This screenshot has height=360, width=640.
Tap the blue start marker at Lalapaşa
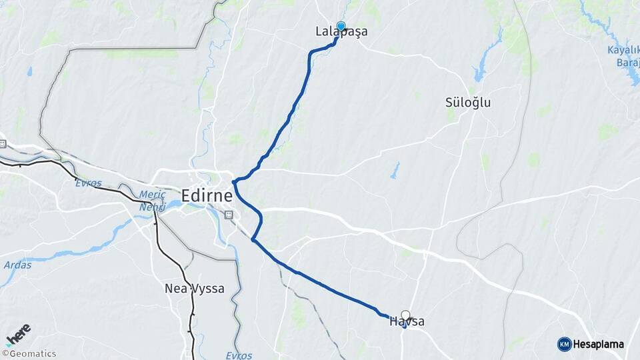(341, 27)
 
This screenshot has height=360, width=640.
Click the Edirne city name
(207, 195)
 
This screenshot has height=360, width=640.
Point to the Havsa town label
(407, 322)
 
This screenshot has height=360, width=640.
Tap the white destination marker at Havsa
(405, 315)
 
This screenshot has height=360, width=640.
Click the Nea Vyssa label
(194, 289)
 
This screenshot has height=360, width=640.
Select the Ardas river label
(17, 265)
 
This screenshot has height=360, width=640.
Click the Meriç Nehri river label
(152, 201)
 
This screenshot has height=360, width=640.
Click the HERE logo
(18, 334)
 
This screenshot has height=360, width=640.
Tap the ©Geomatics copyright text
(29, 354)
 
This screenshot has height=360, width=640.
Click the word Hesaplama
(599, 345)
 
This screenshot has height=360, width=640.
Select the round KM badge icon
(564, 345)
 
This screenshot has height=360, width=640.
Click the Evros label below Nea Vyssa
(239, 355)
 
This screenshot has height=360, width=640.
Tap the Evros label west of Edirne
(88, 183)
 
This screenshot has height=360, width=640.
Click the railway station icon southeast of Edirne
(229, 215)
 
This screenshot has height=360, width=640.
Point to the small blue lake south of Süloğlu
(395, 171)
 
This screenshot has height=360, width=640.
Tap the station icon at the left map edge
(3, 143)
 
